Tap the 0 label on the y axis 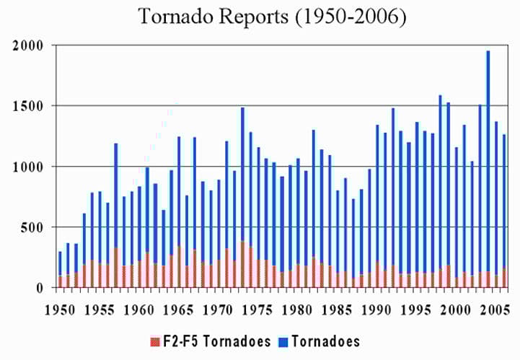[x=40, y=288]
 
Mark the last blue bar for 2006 [x=503, y=202]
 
